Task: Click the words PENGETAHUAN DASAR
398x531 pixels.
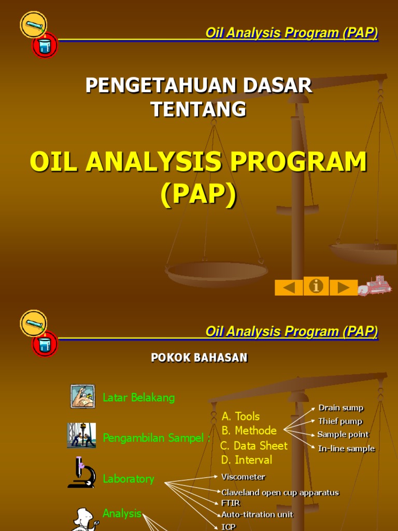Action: tap(198, 86)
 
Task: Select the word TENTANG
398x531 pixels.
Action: tap(198, 109)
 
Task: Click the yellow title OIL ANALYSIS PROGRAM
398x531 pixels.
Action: tap(198, 162)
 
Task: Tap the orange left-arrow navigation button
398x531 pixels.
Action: tap(289, 287)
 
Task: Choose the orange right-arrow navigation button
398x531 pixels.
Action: tap(344, 287)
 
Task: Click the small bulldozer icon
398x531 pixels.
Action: tap(375, 286)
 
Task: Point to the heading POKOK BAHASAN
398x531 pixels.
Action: tap(199, 358)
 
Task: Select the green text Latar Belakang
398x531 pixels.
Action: tap(139, 398)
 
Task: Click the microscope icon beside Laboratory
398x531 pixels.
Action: tap(81, 472)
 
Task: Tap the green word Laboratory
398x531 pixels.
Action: tap(129, 479)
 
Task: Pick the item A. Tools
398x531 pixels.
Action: tap(240, 416)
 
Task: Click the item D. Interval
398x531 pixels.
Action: tap(246, 460)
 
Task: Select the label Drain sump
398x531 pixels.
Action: tap(340, 408)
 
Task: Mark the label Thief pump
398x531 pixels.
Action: tap(340, 422)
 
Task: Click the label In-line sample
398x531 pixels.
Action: tap(346, 449)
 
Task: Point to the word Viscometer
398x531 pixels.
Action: tap(243, 477)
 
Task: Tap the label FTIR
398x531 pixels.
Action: tap(231, 503)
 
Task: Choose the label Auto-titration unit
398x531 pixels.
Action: tap(257, 515)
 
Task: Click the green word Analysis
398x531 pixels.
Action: tap(122, 513)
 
